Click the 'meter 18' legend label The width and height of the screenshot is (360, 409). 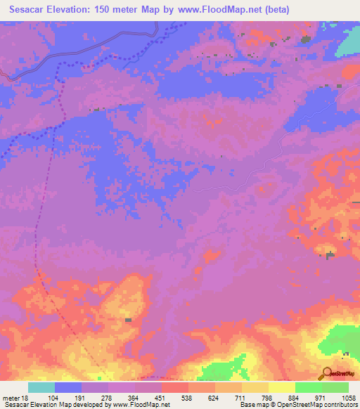coord(16,397)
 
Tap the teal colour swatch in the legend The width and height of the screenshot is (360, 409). coord(41,387)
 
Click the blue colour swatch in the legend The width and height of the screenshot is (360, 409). coord(68,387)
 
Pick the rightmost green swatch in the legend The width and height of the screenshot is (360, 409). coord(335,387)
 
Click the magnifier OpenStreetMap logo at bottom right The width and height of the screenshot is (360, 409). coord(327,373)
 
